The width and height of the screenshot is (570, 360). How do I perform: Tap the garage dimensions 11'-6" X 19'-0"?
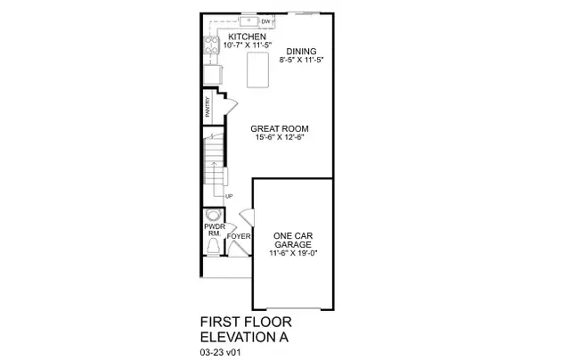click(x=293, y=253)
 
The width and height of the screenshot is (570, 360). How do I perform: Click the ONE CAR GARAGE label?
click(x=292, y=240)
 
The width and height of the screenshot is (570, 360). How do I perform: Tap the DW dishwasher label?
click(x=265, y=20)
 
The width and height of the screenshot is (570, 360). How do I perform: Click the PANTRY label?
click(x=208, y=108)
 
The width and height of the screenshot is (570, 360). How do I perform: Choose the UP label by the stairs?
click(x=230, y=197)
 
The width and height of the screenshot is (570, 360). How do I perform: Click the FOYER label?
click(x=238, y=237)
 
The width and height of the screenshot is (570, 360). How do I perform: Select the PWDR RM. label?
click(x=213, y=231)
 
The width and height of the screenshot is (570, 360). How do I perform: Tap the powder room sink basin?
click(x=213, y=216)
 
